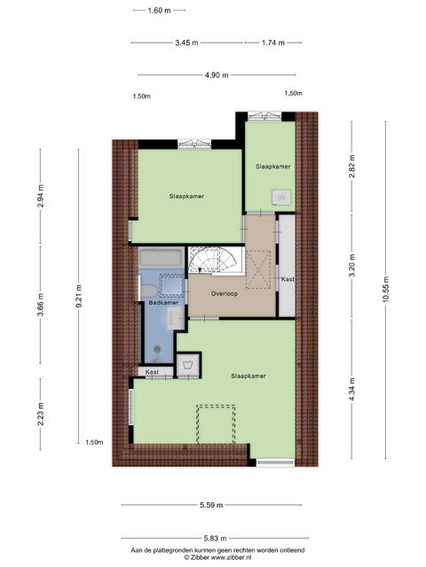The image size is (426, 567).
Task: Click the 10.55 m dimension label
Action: point(385,290)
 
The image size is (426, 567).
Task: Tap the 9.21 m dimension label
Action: point(78,296)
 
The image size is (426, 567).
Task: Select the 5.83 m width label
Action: point(215,539)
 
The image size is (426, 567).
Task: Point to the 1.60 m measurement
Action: point(159,11)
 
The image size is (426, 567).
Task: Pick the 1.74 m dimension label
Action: point(272,43)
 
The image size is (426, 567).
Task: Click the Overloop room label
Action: point(225,293)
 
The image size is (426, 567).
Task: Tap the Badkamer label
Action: point(163,303)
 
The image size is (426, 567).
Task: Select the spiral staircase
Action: point(216,260)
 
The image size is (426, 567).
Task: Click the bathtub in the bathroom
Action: point(162,258)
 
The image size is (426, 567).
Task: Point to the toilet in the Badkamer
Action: point(148,291)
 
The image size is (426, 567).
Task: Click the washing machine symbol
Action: point(187,364)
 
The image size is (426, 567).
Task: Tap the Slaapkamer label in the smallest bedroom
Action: point(272,167)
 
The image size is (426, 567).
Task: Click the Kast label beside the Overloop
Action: point(288,279)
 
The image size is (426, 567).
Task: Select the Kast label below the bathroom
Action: point(152,372)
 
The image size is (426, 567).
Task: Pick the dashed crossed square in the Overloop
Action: point(258,269)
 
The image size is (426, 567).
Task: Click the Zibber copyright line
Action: point(217,557)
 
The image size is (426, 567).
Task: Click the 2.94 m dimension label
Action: point(40,196)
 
